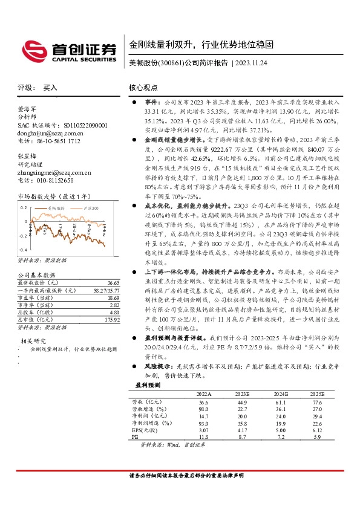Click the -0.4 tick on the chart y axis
click(21, 250)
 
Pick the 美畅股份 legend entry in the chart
click(57, 207)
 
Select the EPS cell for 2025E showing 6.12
click(318, 430)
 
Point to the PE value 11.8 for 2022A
click(203, 436)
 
